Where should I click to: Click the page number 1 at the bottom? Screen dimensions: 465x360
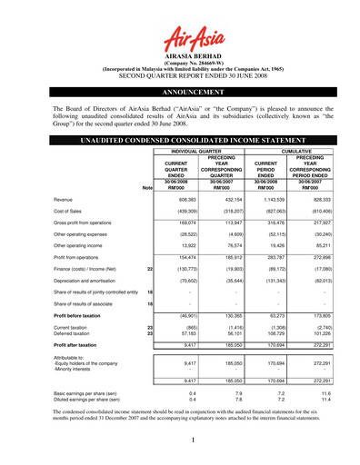pos(180,440)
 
